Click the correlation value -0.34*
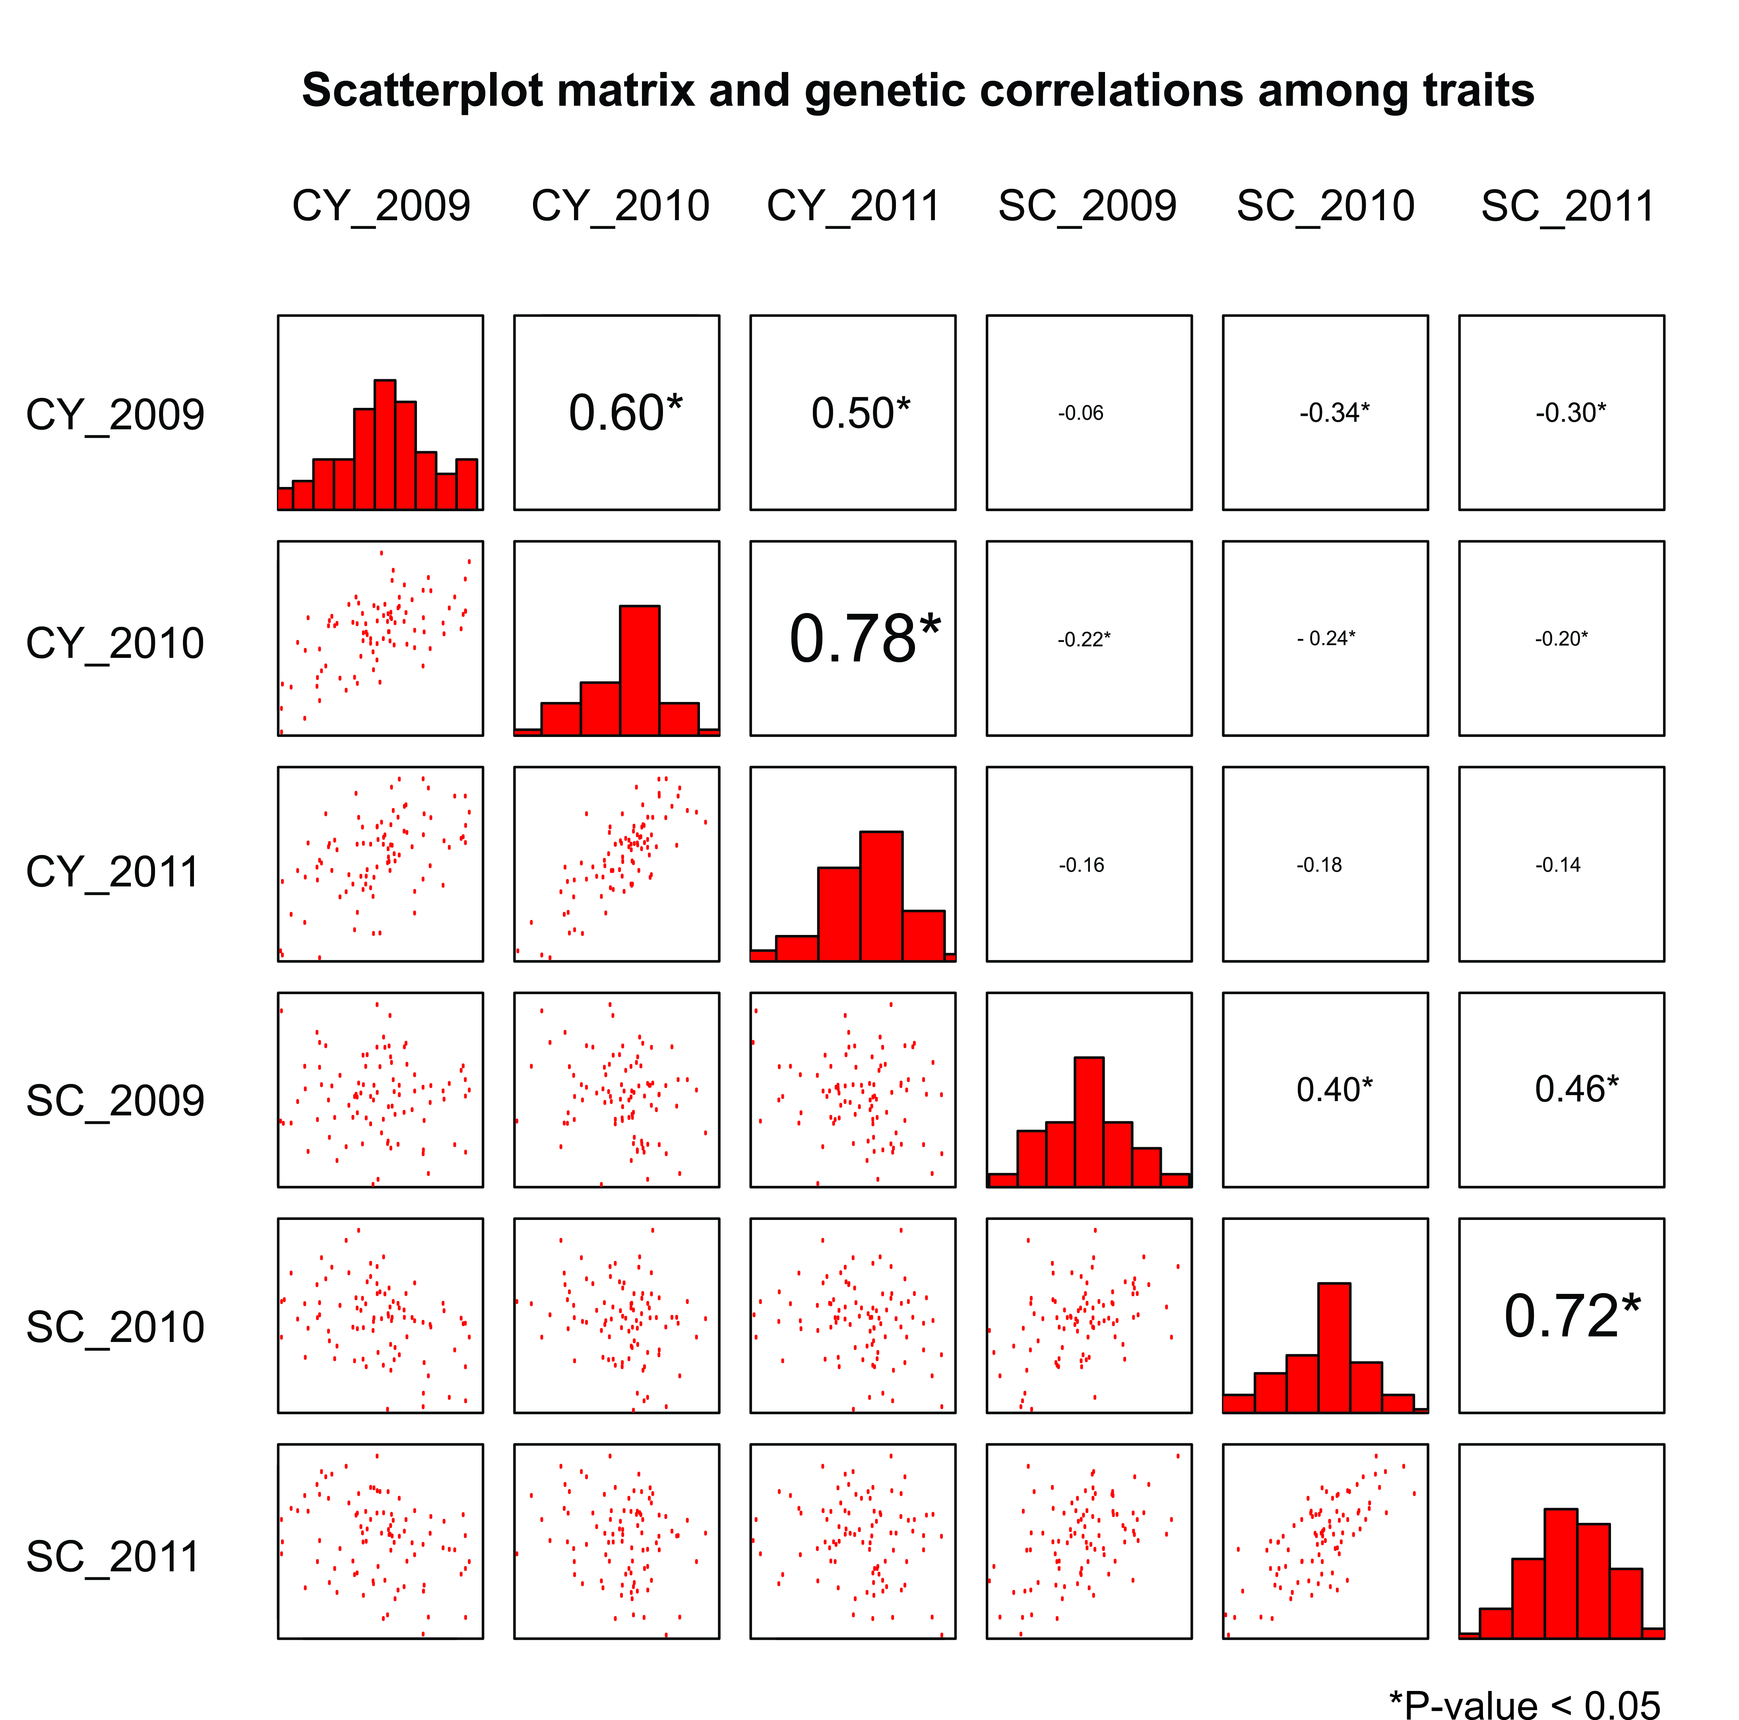point(1334,413)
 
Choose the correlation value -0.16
point(1081,865)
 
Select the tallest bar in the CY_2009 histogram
point(384,445)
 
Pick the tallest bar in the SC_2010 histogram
point(1334,1348)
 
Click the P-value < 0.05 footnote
point(1525,1706)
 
